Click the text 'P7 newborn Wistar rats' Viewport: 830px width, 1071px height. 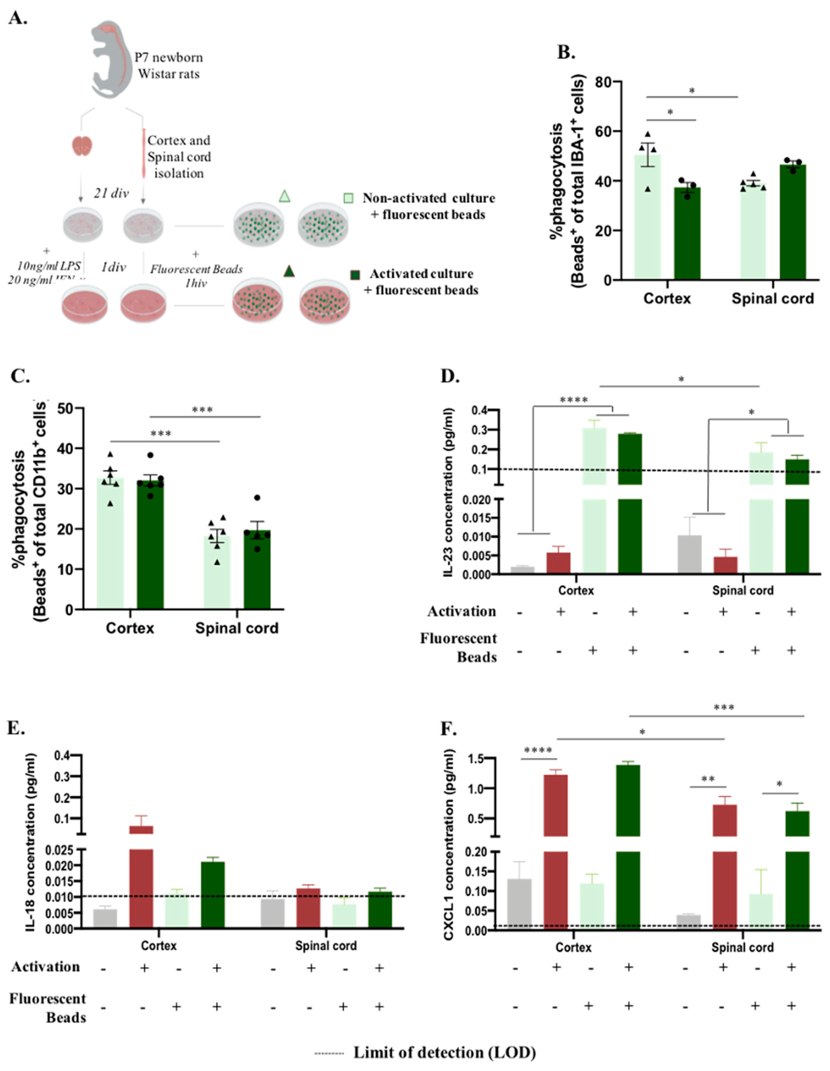pos(169,66)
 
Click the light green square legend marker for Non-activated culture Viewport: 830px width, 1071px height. pos(348,198)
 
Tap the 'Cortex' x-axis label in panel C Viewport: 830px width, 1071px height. pos(130,628)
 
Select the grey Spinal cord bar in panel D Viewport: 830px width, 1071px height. pos(689,554)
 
